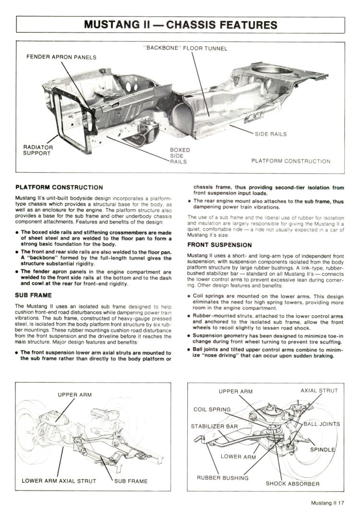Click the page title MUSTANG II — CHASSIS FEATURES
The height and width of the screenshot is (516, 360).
click(180, 24)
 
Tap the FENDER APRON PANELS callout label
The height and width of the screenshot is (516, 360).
click(61, 58)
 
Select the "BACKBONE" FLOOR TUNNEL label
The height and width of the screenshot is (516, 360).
click(185, 48)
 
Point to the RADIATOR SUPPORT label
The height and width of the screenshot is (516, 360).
click(38, 150)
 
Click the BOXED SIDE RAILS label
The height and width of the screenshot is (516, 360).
click(180, 155)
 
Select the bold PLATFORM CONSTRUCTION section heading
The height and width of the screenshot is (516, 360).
click(59, 187)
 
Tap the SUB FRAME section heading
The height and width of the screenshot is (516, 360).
click(34, 295)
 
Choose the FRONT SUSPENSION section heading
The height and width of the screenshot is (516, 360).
click(219, 245)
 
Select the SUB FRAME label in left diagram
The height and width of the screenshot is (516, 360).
click(131, 481)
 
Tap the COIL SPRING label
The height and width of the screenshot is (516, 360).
click(212, 410)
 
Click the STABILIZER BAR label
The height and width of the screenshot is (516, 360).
click(215, 426)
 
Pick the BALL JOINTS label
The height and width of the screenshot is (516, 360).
click(322, 424)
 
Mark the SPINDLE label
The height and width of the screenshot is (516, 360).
click(323, 450)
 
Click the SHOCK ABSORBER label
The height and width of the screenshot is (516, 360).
click(292, 483)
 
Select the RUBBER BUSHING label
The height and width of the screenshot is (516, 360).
click(223, 478)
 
